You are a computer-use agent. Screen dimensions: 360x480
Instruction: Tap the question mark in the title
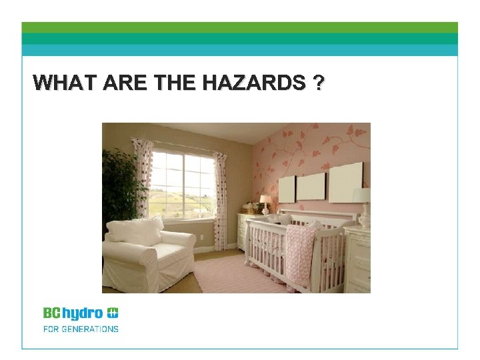pos(319,83)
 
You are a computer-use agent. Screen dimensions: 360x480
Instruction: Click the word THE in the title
pos(175,83)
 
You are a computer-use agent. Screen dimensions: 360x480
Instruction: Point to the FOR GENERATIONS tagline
pos(81,329)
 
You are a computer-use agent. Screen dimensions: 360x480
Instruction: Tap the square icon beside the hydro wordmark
pos(113,313)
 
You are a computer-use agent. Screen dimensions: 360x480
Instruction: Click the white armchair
pos(147,253)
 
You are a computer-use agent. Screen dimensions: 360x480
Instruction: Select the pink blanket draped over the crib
pos(299,253)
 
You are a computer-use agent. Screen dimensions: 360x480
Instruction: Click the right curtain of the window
pos(222,190)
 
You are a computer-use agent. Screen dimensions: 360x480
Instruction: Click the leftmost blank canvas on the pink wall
pos(287,189)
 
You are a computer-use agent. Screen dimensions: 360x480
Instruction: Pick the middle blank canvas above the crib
pos(311,186)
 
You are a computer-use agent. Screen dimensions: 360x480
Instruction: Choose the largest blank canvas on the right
pos(345,181)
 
